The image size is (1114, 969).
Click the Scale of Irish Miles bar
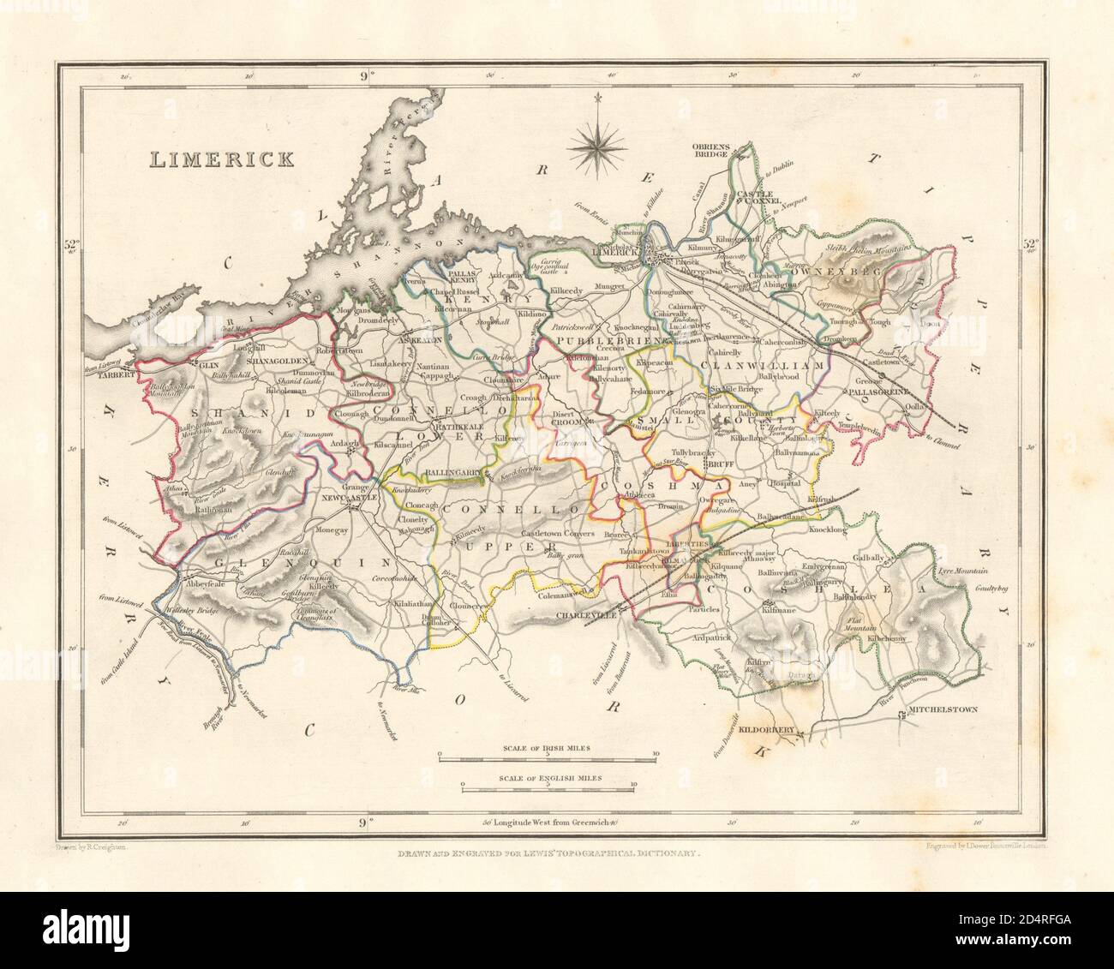548,756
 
